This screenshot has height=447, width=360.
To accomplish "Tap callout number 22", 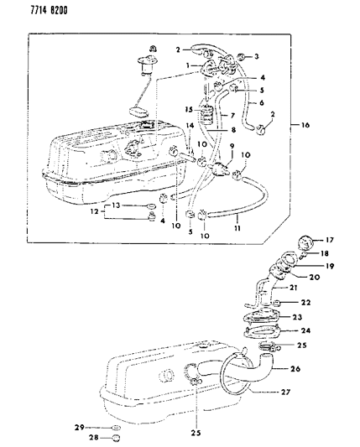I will (x=308, y=303).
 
